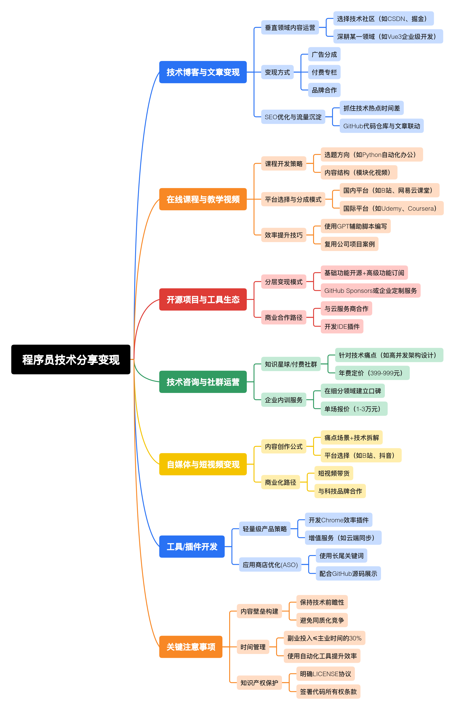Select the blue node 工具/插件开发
pos(192,547)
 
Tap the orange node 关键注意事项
pos(191,647)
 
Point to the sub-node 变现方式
pos(277,72)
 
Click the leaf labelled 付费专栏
pos(324,72)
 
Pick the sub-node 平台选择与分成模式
pos(293,199)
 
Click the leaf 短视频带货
pos(334,473)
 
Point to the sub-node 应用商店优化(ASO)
pos(270,565)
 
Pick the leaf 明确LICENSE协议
pos(325,674)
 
